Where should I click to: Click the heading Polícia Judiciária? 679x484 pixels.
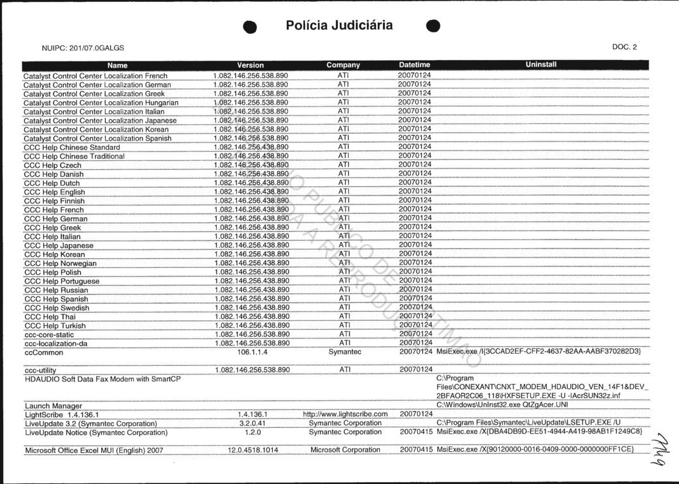tap(339, 26)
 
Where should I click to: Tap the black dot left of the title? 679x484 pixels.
tap(251, 27)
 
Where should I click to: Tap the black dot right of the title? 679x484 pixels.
tap(433, 26)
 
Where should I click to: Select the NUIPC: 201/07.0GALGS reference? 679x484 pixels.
tap(83, 48)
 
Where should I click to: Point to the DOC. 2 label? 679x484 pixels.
tap(624, 47)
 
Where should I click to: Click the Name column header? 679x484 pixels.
tap(117, 65)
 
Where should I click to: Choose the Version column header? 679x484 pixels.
tap(250, 65)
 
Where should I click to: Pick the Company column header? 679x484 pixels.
tap(343, 65)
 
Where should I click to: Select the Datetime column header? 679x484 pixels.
tap(414, 65)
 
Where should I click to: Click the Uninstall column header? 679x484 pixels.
tap(541, 65)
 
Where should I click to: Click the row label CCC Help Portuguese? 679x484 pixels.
tap(62, 281)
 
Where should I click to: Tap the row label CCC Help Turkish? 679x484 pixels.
tap(55, 326)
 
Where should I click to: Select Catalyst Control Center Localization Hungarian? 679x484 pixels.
tap(101, 103)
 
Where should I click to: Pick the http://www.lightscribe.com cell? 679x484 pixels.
tap(345, 414)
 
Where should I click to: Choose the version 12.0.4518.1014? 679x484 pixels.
tap(253, 450)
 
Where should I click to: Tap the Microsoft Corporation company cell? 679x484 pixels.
tap(345, 450)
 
